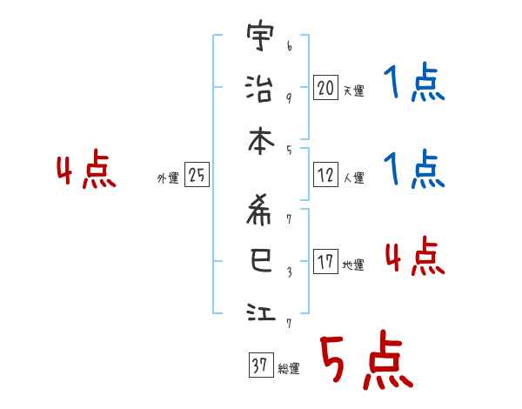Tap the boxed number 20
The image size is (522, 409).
(325, 88)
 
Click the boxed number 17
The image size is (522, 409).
(325, 262)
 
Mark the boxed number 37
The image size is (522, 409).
(259, 366)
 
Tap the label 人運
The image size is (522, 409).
(353, 178)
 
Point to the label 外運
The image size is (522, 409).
(168, 178)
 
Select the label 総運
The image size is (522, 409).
(288, 369)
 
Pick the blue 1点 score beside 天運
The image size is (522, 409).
(414, 84)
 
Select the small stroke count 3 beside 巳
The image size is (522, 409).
(289, 271)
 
